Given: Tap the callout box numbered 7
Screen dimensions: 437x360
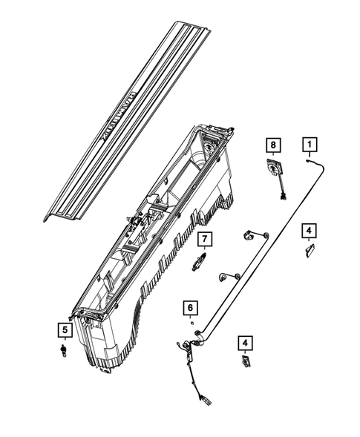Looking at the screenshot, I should (x=204, y=239).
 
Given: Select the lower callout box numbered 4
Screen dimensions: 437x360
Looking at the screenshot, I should (x=244, y=343).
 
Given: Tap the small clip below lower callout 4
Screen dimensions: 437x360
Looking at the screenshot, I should (x=244, y=363).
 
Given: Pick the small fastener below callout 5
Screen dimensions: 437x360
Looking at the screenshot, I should (x=65, y=349).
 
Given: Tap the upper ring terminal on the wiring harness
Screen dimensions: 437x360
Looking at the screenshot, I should (x=248, y=237).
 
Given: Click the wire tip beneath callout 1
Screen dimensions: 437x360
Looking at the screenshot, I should (x=307, y=160).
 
